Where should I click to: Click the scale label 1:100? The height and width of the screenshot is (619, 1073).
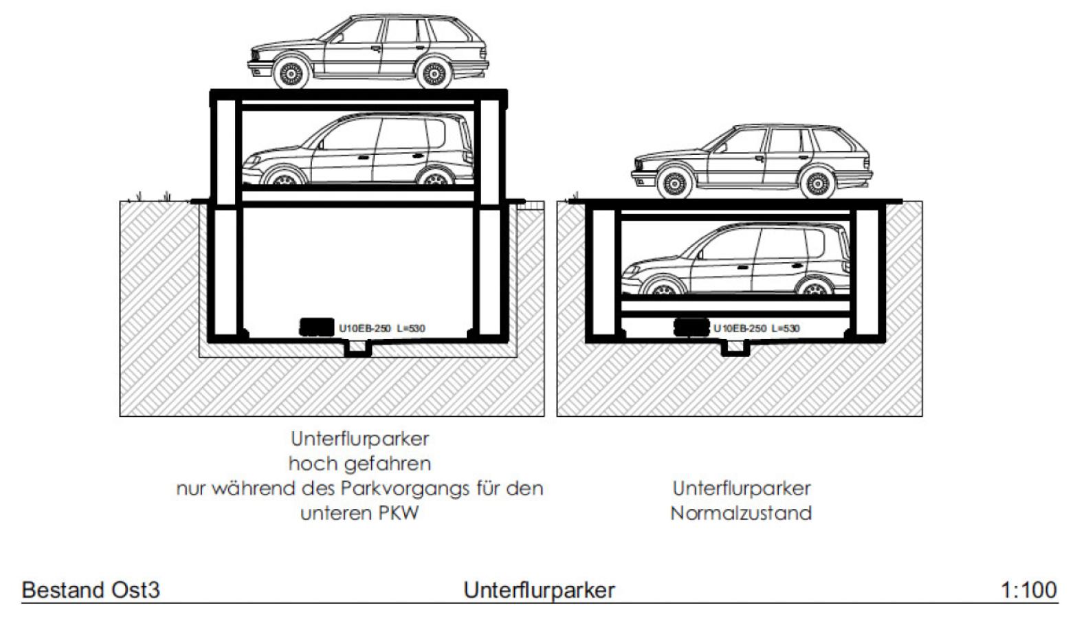1028,589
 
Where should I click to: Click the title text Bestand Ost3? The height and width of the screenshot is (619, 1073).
91,590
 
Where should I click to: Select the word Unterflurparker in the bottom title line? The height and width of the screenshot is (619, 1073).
539,590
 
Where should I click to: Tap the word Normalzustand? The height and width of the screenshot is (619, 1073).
741,513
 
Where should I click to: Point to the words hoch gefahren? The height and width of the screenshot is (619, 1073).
359,464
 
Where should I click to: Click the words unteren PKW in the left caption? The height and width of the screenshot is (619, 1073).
359,513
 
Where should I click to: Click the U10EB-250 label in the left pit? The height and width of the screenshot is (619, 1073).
364,329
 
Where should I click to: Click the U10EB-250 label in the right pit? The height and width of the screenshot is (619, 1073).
739,329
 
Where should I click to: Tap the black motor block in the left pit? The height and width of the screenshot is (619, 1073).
318,327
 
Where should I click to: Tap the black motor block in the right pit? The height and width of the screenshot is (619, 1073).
692,327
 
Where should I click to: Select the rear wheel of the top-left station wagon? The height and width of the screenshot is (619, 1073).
434,74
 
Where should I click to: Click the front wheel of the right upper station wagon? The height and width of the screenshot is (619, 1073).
674,183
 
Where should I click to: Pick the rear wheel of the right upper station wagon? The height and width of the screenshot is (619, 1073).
817,184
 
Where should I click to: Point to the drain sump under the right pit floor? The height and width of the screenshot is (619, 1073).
735,349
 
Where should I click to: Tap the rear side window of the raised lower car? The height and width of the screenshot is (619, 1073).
436,133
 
